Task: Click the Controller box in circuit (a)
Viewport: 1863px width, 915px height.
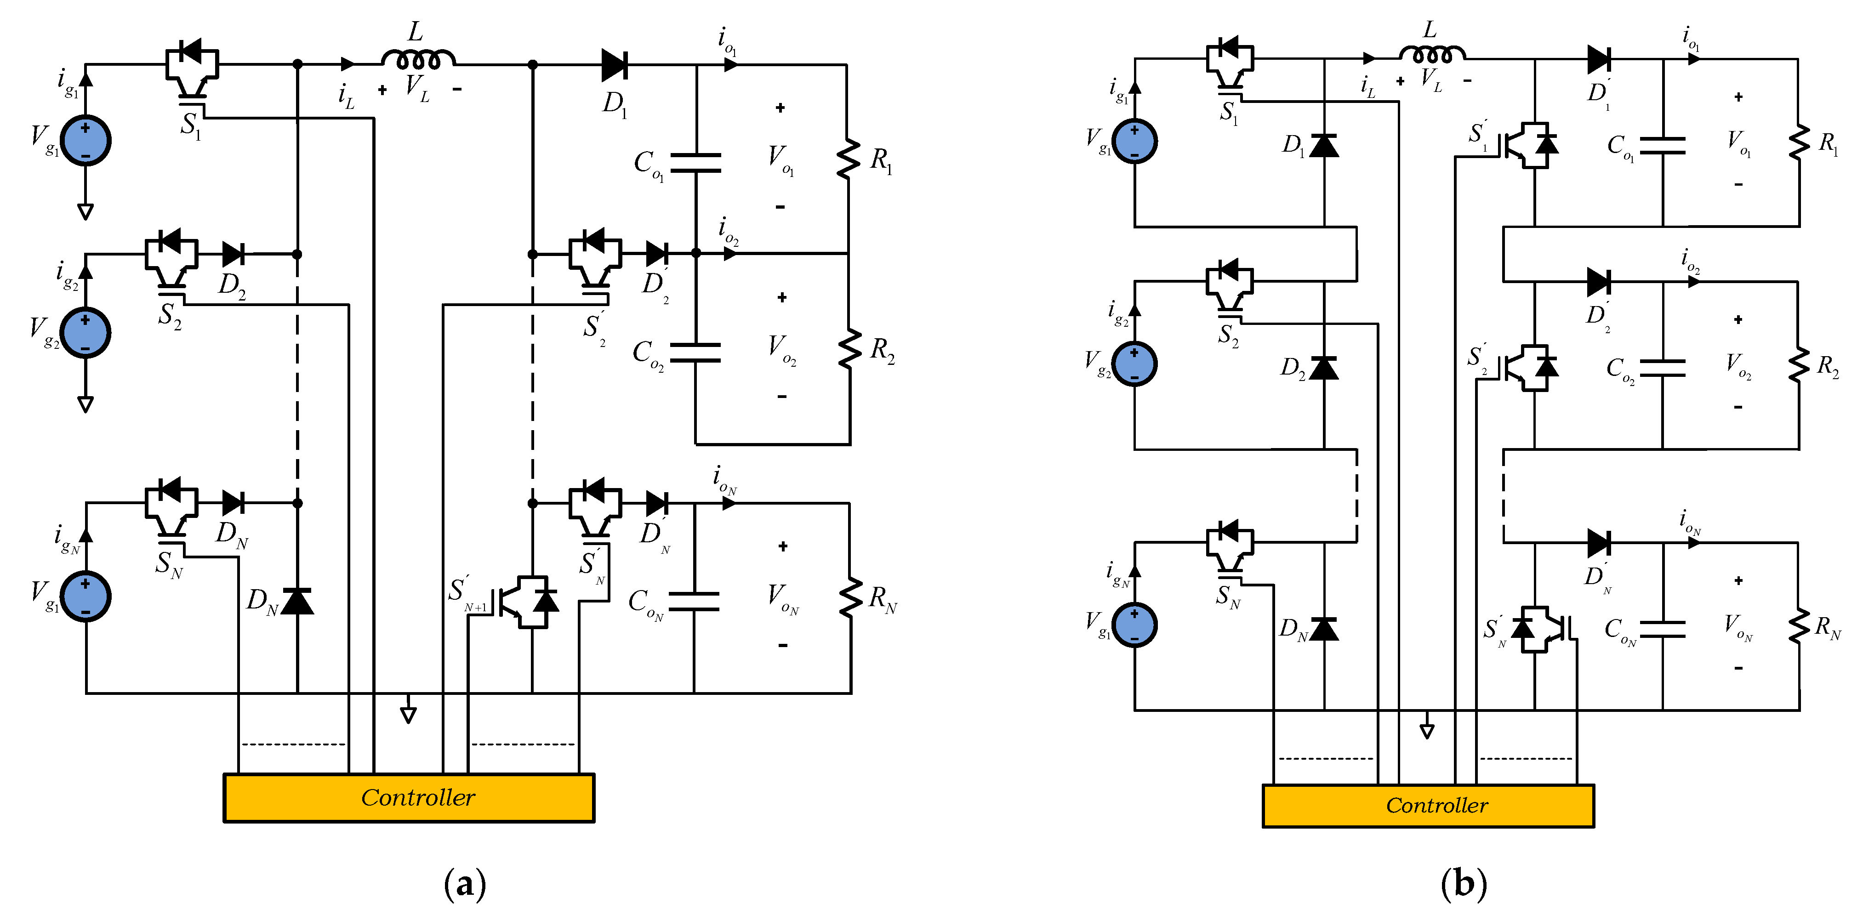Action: pyautogui.click(x=409, y=798)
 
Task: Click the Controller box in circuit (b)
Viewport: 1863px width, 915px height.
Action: pyautogui.click(x=1428, y=805)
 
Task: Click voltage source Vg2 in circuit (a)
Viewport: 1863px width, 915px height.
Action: pyautogui.click(x=85, y=333)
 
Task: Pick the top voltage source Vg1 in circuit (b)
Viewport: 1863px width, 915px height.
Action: pyautogui.click(x=1134, y=141)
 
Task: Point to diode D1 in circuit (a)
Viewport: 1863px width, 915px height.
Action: pyautogui.click(x=614, y=65)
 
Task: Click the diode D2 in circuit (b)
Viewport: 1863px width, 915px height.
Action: pyautogui.click(x=1323, y=368)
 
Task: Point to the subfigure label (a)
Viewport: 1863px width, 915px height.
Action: pyautogui.click(x=464, y=884)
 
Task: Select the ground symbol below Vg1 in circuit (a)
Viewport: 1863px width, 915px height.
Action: pyautogui.click(x=85, y=211)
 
